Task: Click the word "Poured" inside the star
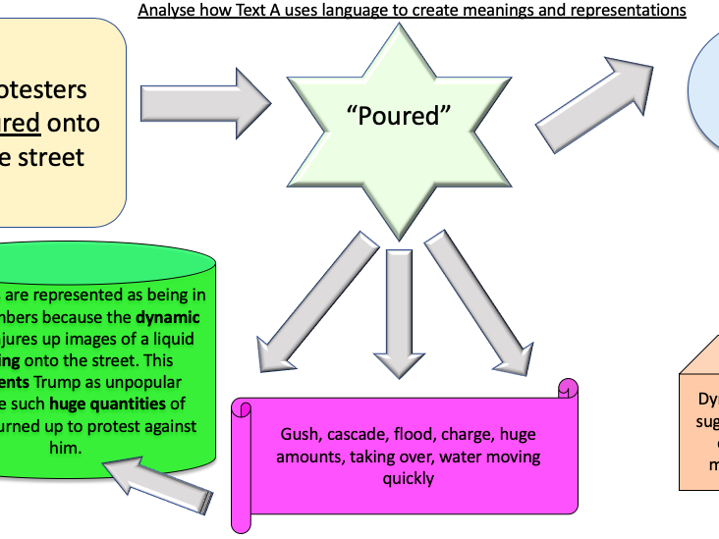pyautogui.click(x=398, y=116)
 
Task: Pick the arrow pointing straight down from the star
pyautogui.click(x=398, y=304)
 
